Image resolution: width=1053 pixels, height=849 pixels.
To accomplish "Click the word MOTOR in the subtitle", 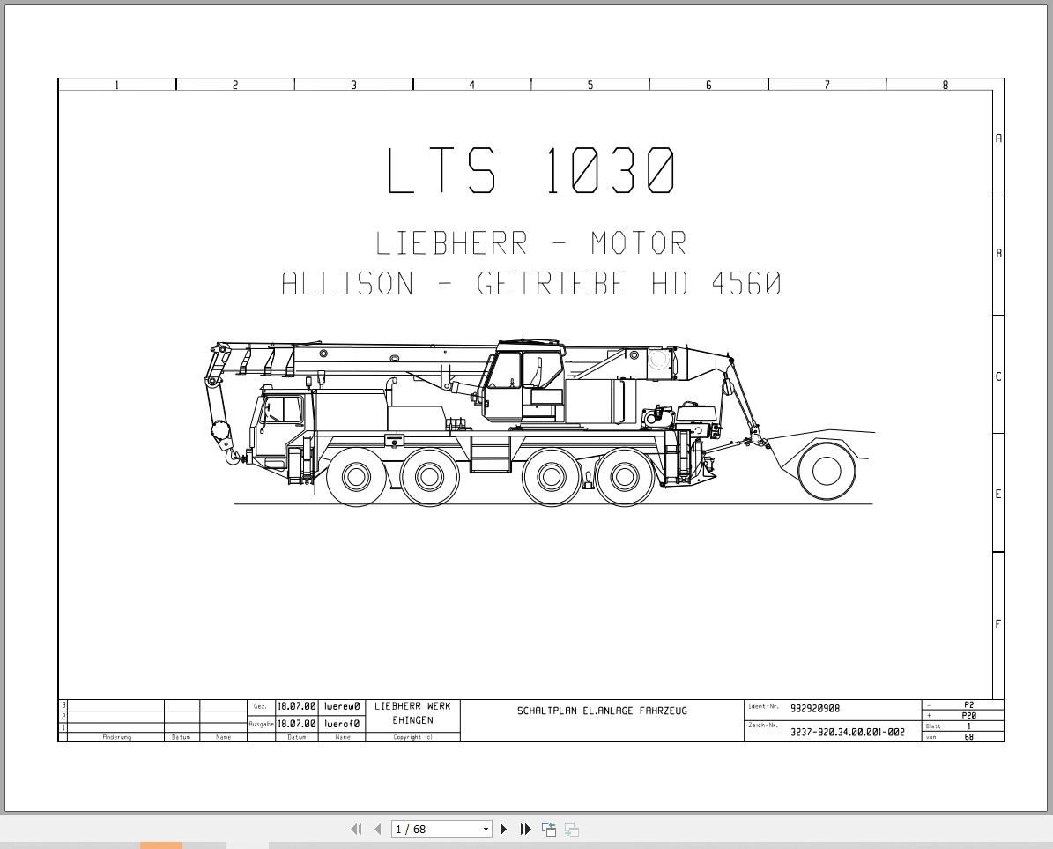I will click(638, 243).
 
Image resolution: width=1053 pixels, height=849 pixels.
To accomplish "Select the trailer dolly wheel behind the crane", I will click(827, 471).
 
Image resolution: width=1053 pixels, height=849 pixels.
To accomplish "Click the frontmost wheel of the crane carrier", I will click(356, 477).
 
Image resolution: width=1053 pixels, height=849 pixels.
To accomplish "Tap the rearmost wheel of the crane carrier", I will click(625, 477).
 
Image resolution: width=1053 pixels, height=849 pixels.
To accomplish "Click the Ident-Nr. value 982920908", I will click(815, 709).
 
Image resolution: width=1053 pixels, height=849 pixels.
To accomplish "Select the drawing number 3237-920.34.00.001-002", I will click(847, 732).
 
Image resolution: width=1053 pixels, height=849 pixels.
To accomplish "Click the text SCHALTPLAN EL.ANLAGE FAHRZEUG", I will click(602, 711).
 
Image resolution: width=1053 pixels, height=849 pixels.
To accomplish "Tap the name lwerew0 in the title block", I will click(342, 707).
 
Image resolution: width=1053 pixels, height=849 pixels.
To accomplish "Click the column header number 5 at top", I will click(590, 86).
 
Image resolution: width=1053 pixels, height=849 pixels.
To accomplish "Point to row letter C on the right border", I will click(998, 376).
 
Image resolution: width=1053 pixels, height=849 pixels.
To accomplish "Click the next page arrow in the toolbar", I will click(503, 829).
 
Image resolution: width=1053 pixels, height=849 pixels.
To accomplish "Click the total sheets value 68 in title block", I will click(968, 737).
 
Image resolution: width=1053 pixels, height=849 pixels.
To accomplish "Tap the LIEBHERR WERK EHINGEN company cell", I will click(412, 713).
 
